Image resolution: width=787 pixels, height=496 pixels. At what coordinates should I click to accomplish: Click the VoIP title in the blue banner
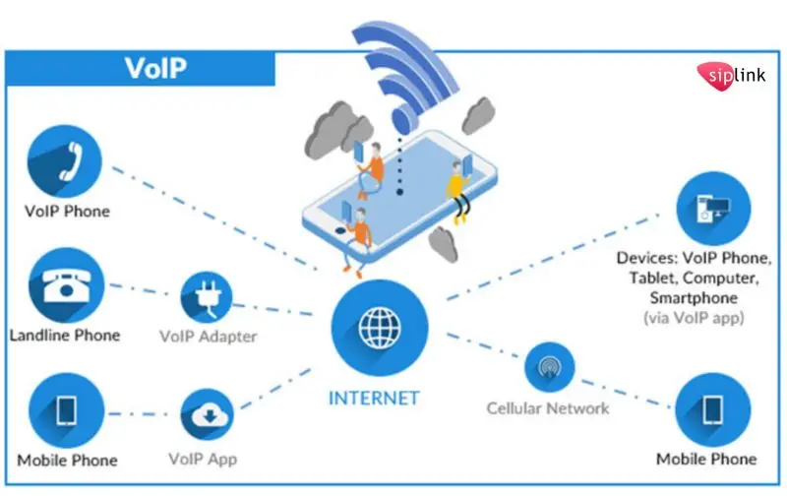point(155,70)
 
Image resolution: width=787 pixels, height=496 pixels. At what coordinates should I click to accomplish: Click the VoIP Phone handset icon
point(67,163)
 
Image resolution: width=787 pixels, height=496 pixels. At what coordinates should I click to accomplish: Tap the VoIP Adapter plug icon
point(208,296)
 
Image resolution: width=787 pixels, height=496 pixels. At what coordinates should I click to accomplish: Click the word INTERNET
point(374,399)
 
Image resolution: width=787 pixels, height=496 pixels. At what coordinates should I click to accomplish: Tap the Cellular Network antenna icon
point(547,368)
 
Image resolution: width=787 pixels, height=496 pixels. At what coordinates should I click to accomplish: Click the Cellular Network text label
point(548,407)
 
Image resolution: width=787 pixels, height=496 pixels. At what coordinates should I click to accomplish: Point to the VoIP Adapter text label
point(208,337)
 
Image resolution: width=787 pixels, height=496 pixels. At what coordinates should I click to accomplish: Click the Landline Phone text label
point(65,336)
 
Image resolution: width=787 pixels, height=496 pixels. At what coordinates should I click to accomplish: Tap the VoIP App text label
point(203,459)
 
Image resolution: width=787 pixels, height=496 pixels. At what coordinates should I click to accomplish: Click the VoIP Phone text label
point(67,211)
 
